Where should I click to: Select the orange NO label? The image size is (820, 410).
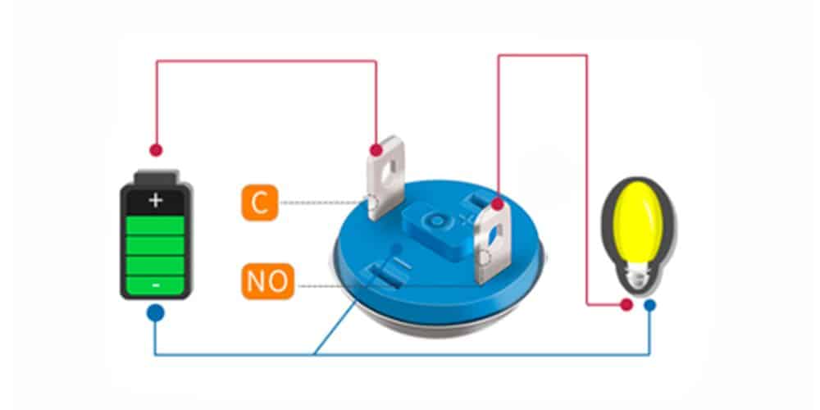pos(267,282)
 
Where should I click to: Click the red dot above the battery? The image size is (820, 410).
pos(156,151)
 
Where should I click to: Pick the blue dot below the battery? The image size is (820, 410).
pos(155,312)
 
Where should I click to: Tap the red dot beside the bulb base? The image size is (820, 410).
pos(626,305)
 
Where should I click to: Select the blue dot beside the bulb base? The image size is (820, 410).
pos(650,305)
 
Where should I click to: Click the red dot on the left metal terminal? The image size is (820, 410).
pos(376,151)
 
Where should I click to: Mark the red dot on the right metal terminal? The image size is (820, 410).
pos(497,203)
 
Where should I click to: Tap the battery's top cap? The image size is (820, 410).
pos(156,177)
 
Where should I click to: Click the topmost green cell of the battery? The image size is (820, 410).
pos(156,224)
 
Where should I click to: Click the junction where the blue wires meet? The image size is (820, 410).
pos(315,355)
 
